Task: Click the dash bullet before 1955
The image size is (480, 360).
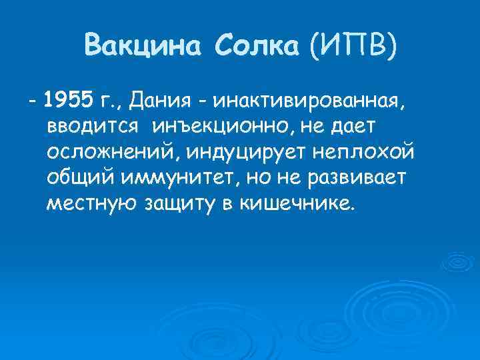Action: (x=31, y=101)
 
